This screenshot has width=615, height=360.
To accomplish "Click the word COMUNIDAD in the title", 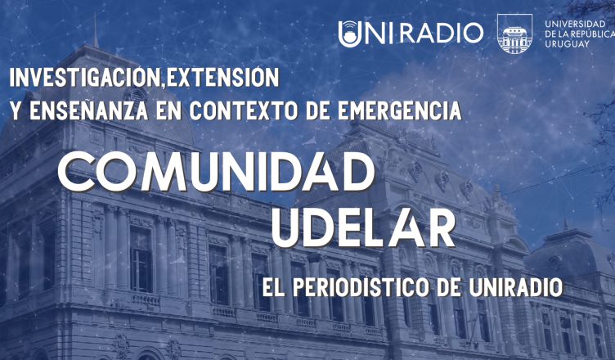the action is [x=216, y=171].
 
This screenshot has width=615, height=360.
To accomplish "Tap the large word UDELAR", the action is [x=363, y=227].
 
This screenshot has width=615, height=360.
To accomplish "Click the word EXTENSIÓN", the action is [x=222, y=78].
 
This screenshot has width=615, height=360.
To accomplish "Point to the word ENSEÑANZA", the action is [x=89, y=110].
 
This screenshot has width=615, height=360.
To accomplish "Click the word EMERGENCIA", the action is [x=399, y=110].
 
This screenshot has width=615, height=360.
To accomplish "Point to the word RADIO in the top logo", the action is [x=442, y=33].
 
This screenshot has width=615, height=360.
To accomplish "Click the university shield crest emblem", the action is [x=514, y=34].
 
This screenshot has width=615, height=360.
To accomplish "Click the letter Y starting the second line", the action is [x=16, y=110].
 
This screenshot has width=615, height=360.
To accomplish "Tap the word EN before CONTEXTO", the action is [x=168, y=110].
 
